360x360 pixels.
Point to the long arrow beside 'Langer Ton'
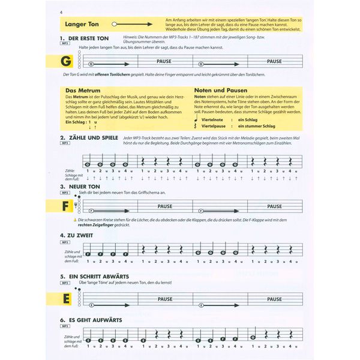[x=129, y=25]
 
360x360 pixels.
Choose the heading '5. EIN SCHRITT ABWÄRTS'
[x=102, y=277]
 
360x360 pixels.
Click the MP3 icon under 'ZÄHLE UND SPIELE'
[x=65, y=145]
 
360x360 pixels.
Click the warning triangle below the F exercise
[x=74, y=220]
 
